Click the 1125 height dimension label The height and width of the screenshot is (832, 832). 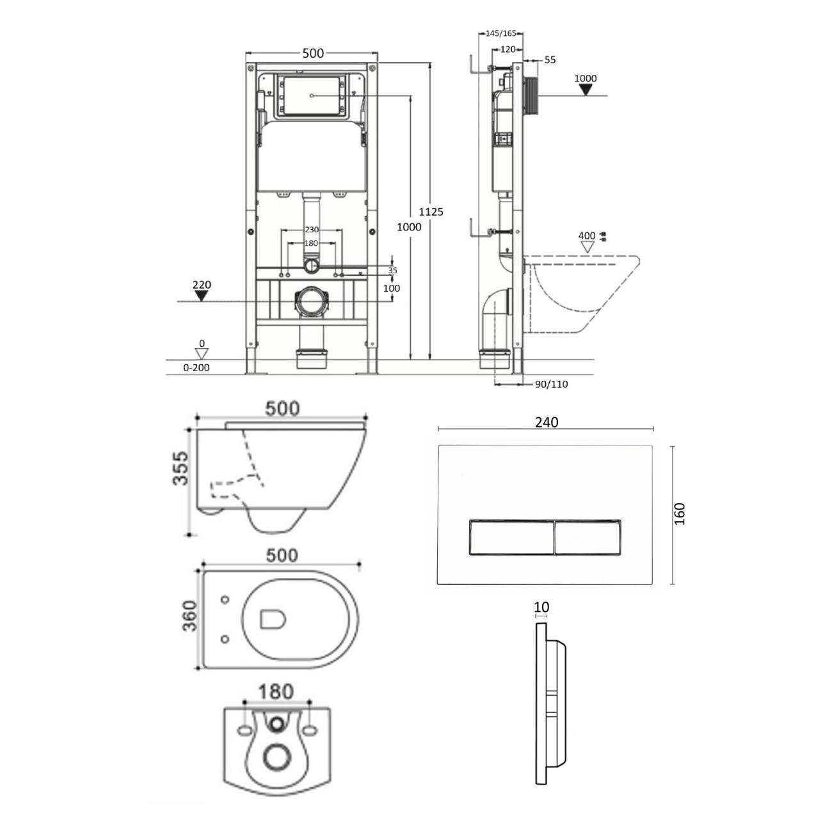point(431,212)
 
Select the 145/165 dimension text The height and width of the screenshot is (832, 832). point(501,33)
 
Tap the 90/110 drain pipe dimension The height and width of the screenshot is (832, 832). point(551,384)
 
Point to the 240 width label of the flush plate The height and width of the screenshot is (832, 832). point(547,422)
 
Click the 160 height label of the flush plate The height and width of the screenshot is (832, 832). point(680,514)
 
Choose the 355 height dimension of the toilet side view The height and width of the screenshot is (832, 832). point(180,468)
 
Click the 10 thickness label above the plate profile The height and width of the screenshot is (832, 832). point(541,607)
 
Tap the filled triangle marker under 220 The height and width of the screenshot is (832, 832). point(201,296)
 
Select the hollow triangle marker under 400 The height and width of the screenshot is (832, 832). point(587,247)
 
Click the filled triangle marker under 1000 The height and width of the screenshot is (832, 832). point(586,90)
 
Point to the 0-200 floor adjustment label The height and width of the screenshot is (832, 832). point(196,367)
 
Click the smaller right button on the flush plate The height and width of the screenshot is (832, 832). point(588,537)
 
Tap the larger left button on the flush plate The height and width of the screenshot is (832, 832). point(511,537)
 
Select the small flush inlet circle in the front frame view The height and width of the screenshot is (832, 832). point(310,266)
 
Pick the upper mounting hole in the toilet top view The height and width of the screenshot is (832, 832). point(225,600)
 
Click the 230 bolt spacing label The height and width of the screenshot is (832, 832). point(311,230)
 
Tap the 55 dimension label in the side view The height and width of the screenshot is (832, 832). point(550,60)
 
